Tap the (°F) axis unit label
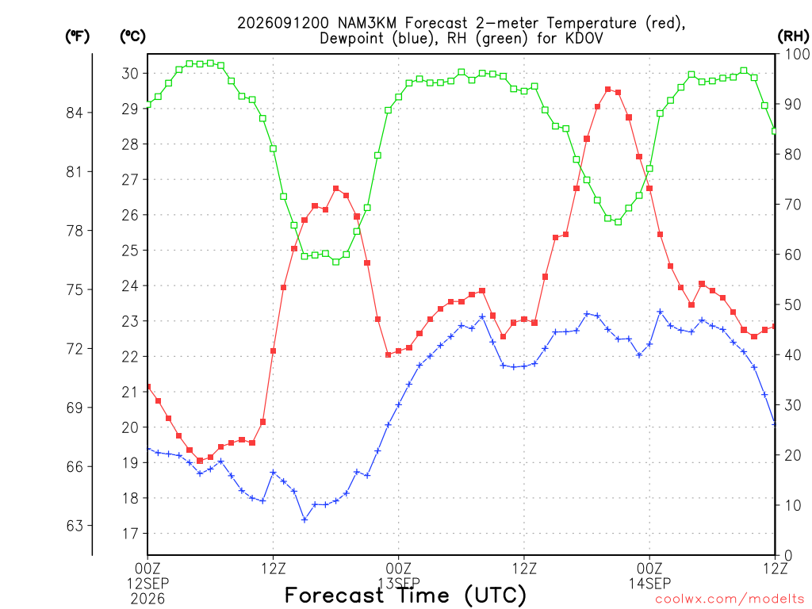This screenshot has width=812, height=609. point(77,36)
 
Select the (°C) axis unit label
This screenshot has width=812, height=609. point(132,36)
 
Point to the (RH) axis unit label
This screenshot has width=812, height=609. point(793,36)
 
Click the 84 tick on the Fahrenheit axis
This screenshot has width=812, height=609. point(75,113)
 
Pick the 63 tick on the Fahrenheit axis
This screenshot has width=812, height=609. point(75,526)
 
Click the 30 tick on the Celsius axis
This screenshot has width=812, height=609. point(130,74)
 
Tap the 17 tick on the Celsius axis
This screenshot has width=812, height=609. point(130,534)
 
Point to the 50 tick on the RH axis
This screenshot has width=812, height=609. point(792,304)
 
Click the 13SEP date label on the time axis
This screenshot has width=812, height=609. point(399,583)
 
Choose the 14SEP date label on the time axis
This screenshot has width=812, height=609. point(649,583)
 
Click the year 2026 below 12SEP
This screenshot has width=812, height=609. point(147,599)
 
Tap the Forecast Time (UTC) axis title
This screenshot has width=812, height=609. point(405,595)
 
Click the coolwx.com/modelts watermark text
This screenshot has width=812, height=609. point(730,599)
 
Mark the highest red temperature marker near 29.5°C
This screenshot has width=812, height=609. point(608,90)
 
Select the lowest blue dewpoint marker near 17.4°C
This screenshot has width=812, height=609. point(304,519)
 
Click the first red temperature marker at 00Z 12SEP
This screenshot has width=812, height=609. point(148,387)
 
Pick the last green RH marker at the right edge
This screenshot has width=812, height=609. point(774,131)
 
